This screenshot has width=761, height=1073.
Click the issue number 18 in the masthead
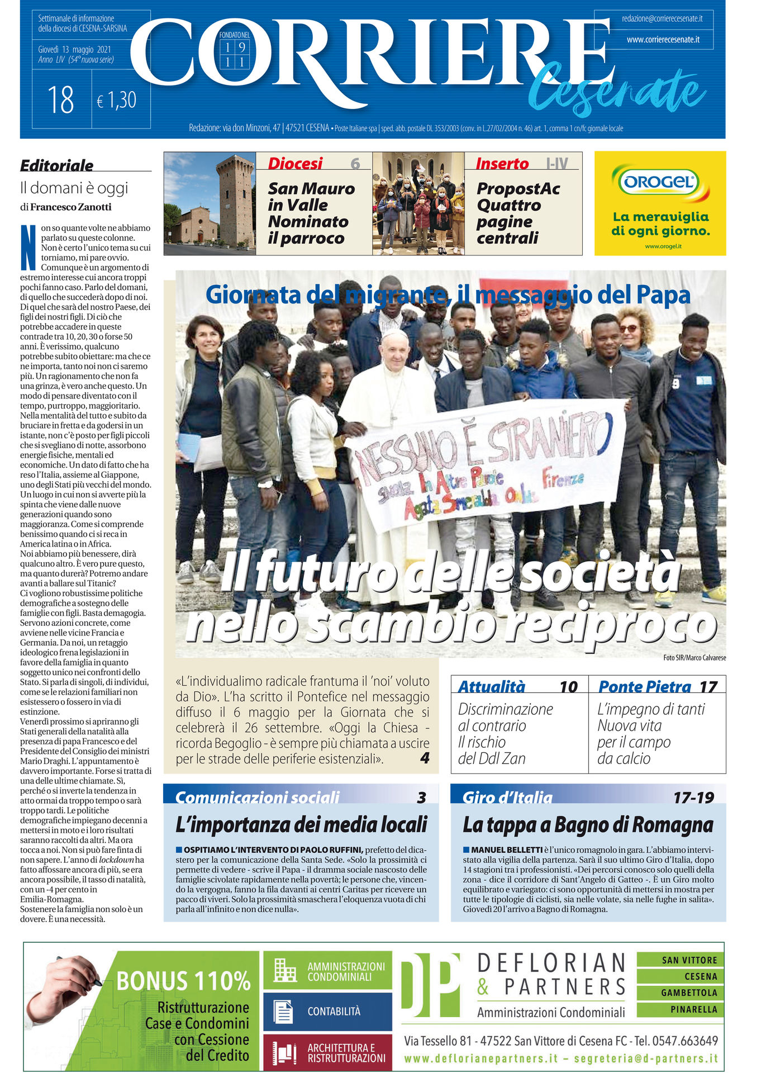tap(61, 100)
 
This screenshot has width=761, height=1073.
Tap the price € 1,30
tap(117, 101)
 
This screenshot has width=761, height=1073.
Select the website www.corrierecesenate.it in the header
tap(663, 40)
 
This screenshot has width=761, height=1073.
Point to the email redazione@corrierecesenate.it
tap(662, 18)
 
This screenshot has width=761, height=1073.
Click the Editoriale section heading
tap(57, 165)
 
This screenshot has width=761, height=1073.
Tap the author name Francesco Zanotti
tap(70, 207)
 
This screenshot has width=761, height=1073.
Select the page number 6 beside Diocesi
tap(355, 163)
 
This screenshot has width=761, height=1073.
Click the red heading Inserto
tap(502, 164)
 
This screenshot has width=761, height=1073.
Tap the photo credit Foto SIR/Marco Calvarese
tap(695, 658)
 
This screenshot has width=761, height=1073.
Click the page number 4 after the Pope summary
tap(425, 758)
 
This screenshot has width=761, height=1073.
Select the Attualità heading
tap(491, 686)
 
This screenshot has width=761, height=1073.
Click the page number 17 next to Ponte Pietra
tap(708, 686)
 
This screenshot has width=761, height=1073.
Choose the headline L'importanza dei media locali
tap(301, 824)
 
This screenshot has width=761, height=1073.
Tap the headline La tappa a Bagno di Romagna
tap(588, 824)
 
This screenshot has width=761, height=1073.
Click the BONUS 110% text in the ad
tap(183, 981)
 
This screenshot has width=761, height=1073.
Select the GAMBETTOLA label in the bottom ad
tap(689, 993)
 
